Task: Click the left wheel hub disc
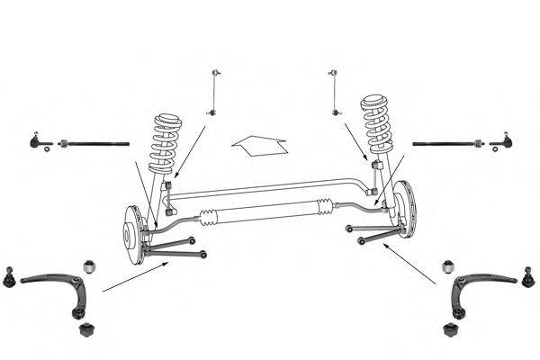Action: (132, 235)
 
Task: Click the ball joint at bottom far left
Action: (10, 278)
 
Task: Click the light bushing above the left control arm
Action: (89, 266)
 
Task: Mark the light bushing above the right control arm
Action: (449, 266)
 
